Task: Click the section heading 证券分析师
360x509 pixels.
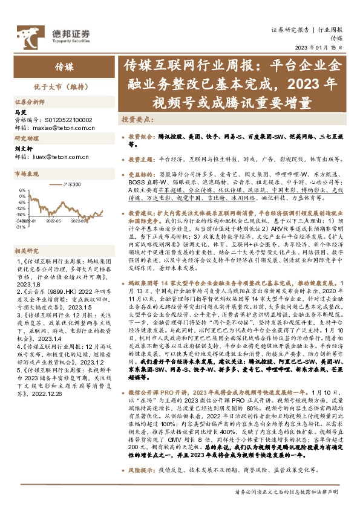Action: pos(30,102)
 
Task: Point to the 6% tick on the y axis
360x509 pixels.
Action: pos(22,189)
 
